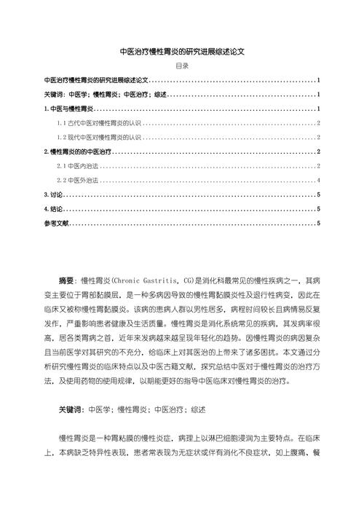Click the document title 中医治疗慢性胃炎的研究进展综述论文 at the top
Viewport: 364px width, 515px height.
click(182, 52)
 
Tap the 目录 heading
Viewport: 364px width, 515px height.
click(182, 66)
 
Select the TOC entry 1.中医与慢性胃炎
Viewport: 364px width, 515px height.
click(66, 109)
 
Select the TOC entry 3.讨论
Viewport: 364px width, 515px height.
click(55, 194)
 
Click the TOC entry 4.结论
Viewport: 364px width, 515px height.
click(55, 209)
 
